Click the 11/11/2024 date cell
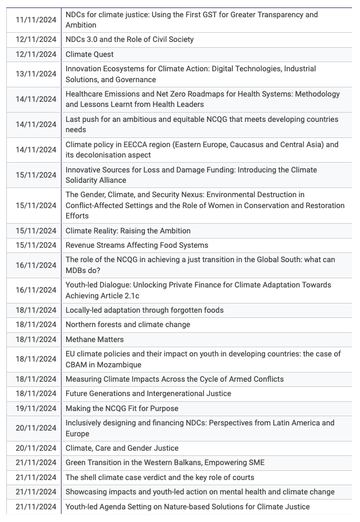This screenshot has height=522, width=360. tap(36, 20)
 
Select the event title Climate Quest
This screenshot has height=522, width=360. tap(90, 54)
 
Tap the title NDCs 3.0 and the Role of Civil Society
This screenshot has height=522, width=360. tap(129, 40)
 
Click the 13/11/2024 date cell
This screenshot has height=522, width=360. tap(36, 74)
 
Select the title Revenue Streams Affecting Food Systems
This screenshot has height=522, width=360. tap(137, 245)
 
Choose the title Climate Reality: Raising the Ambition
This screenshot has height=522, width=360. tap(128, 231)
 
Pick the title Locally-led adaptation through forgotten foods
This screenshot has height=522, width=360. tap(144, 310)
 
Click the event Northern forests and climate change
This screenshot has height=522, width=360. tap(128, 324)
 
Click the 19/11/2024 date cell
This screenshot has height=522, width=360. tap(36, 408)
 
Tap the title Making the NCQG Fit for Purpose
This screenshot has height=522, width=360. tap(122, 408)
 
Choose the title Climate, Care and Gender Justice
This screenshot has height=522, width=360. tap(122, 448)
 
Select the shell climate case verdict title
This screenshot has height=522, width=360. tap(159, 477)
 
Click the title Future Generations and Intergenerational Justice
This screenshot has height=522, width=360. tap(148, 394)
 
